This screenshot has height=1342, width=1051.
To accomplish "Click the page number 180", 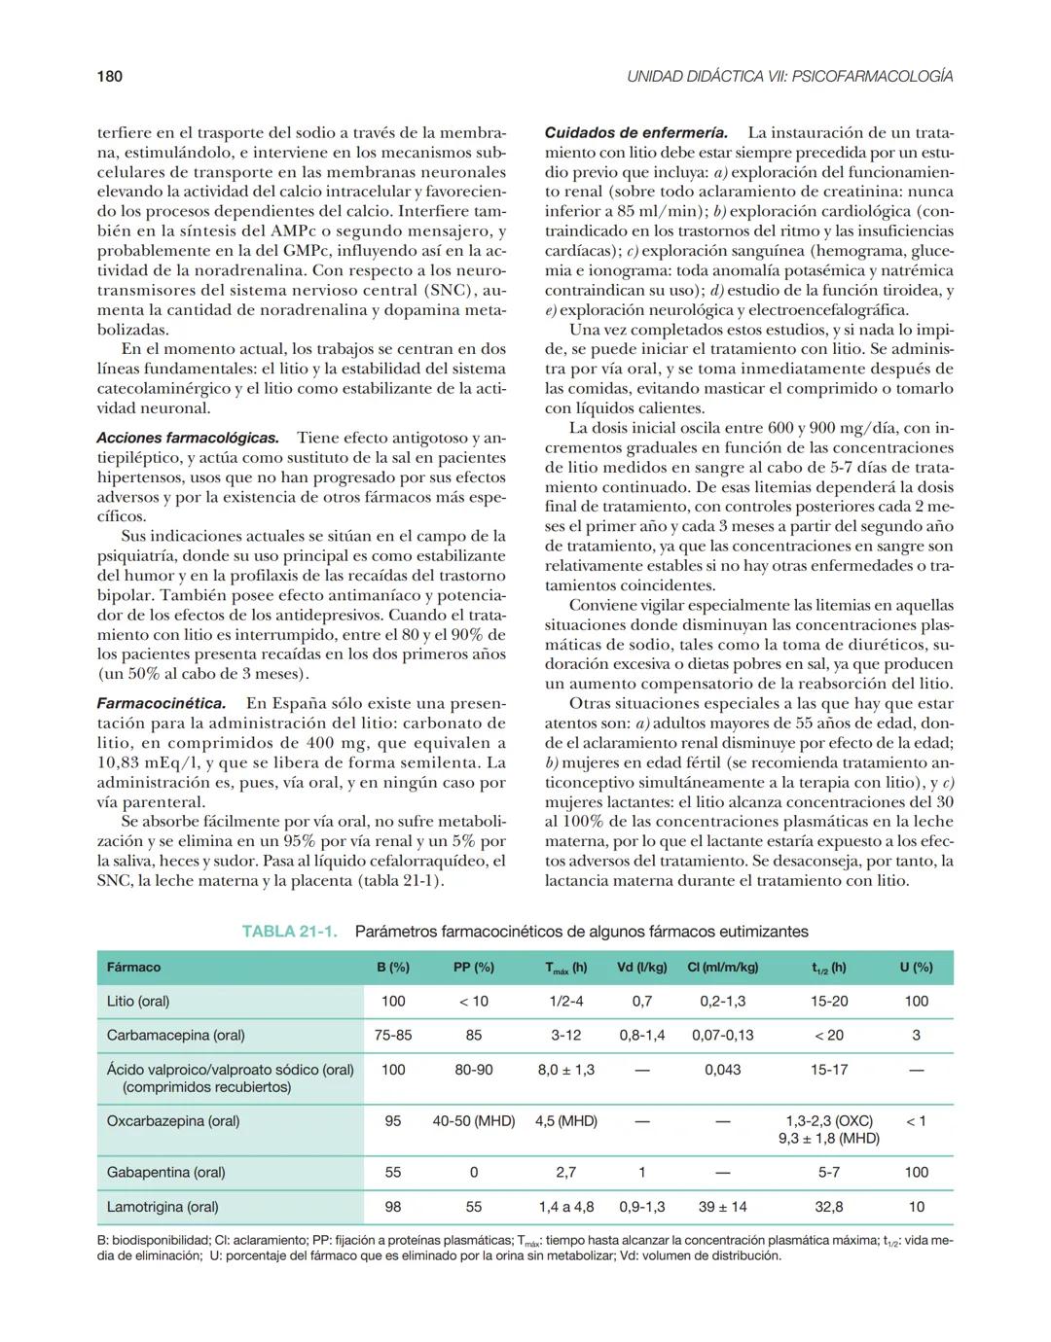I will (110, 76).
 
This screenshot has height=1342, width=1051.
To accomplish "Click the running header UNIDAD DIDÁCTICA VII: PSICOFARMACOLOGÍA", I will (789, 76).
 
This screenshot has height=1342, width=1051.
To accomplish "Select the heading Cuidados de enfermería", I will (635, 132).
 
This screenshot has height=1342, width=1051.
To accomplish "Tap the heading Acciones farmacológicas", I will (188, 438).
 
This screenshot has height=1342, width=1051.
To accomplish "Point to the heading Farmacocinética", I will (162, 703).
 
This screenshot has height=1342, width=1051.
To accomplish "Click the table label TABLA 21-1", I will (289, 932).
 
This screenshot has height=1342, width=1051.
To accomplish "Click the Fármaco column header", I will (133, 968).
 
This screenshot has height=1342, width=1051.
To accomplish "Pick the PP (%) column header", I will (474, 968).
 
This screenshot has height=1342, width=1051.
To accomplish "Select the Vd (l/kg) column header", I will (642, 968).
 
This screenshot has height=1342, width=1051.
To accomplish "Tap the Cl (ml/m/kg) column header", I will (722, 968).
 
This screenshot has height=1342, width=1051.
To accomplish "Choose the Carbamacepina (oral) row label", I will (175, 1036).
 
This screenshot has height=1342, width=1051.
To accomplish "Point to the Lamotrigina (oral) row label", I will (163, 1207).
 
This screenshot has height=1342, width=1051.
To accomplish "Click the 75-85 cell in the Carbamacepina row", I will (393, 1036).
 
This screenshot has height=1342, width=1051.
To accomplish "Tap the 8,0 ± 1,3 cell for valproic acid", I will (566, 1070).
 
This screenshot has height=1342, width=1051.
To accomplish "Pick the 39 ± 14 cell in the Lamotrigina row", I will (723, 1207).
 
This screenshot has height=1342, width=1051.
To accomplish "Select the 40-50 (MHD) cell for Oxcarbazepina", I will (474, 1121).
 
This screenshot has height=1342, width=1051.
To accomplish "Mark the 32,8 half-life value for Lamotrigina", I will (829, 1207).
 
